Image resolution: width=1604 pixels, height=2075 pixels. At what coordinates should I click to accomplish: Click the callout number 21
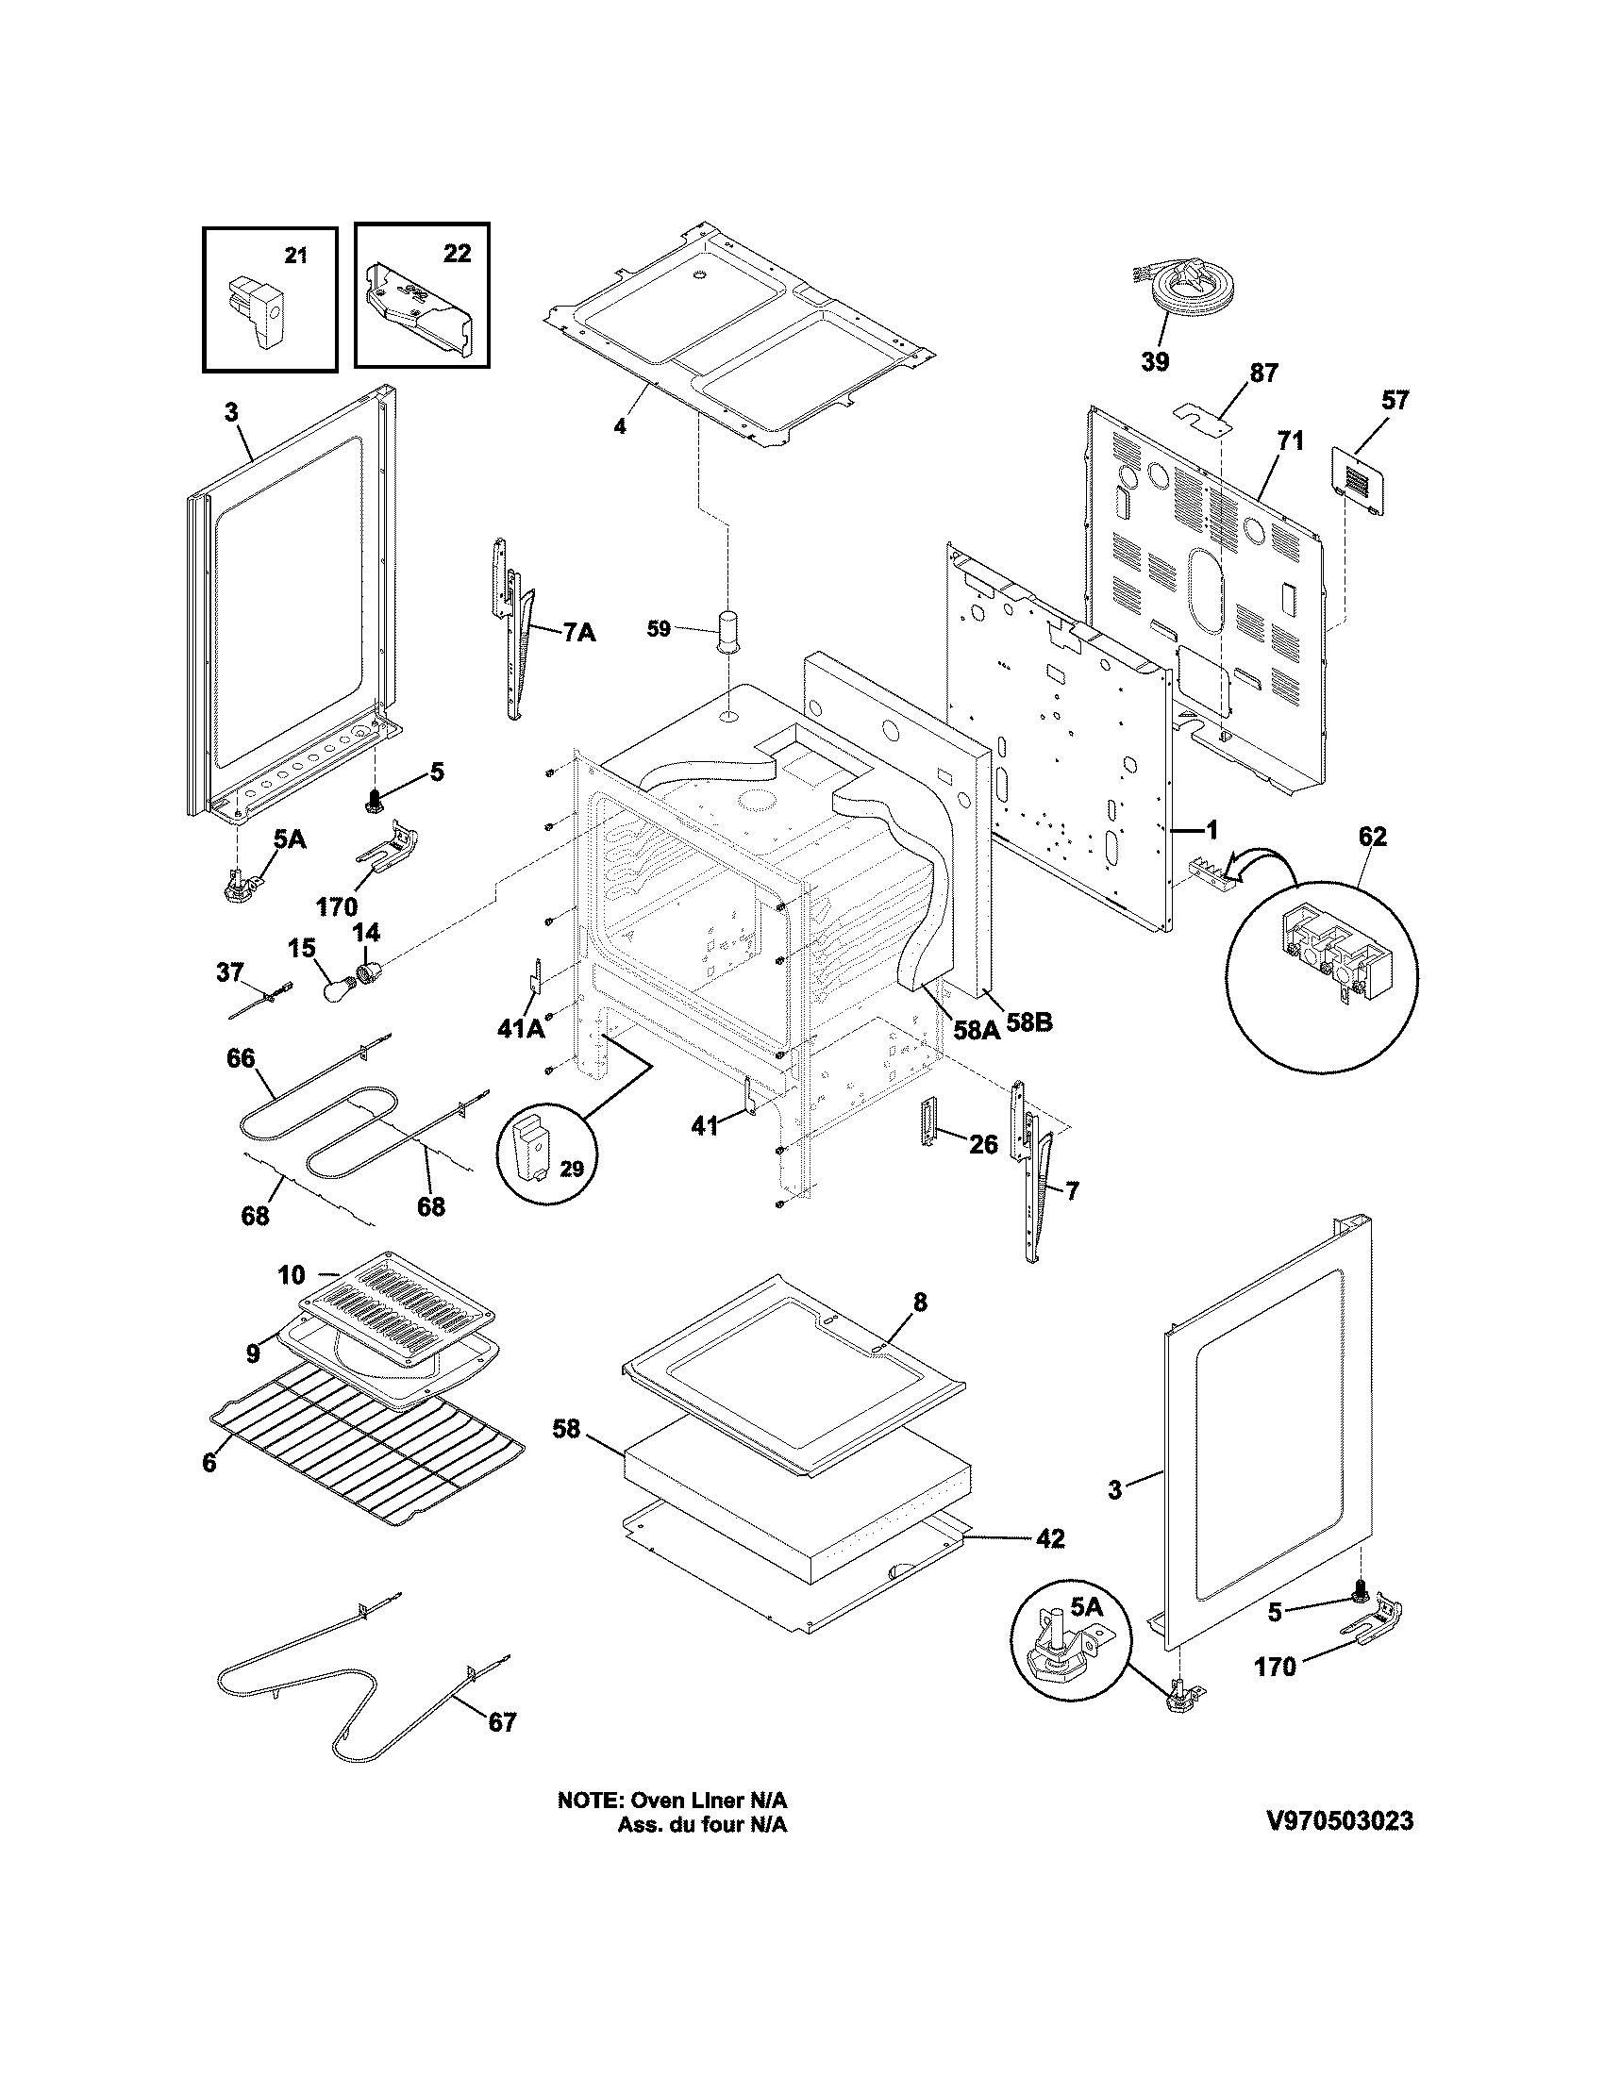tap(296, 256)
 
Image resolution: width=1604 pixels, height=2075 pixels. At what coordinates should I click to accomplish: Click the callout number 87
tap(1263, 373)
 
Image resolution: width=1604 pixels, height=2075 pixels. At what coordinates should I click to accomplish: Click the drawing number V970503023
tap(1340, 1821)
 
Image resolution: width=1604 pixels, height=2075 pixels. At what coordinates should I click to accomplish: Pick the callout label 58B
tap(1029, 1024)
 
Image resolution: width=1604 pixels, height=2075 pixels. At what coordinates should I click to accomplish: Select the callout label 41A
tap(520, 1028)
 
